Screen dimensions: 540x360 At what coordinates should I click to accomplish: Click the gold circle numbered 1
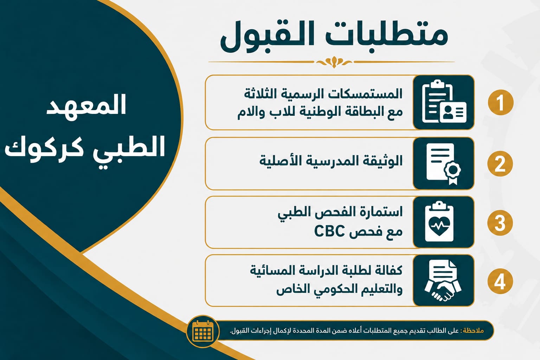(x=501, y=102)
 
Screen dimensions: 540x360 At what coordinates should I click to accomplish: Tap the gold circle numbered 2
(x=500, y=164)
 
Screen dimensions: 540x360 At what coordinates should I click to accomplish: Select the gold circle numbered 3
(x=500, y=223)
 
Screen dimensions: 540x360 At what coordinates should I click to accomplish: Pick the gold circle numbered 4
(x=500, y=281)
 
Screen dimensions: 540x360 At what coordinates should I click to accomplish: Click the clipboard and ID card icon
(x=444, y=102)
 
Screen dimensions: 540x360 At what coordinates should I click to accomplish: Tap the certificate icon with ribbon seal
(x=444, y=164)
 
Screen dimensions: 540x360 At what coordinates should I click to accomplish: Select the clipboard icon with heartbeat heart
(x=439, y=221)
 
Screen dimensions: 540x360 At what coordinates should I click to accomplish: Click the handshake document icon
(x=443, y=281)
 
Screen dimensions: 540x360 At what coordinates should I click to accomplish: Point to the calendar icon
(x=203, y=331)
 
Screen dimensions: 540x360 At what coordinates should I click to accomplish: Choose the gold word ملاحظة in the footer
(x=473, y=330)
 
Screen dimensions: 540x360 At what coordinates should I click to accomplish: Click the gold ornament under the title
(x=334, y=62)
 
